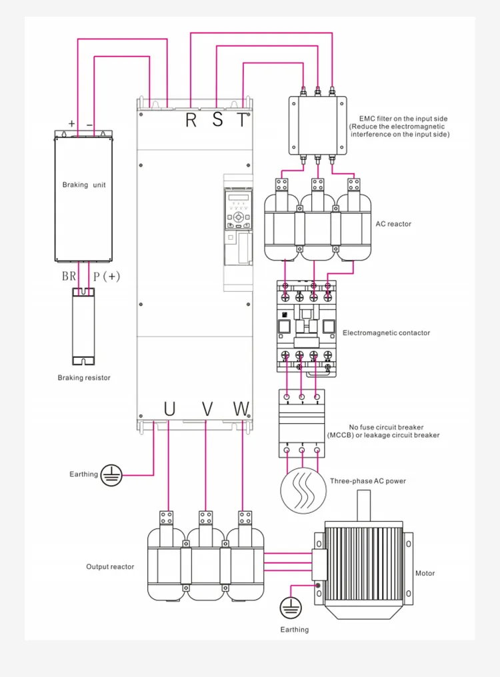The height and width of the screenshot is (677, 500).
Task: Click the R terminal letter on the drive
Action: tap(191, 120)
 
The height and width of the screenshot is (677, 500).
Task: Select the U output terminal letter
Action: tap(169, 408)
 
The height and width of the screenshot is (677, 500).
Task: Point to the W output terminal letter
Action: tap(241, 408)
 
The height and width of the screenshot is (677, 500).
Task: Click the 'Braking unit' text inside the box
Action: tap(84, 185)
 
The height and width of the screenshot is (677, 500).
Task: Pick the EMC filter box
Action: tap(317, 125)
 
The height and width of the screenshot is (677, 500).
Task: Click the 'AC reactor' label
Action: tap(393, 224)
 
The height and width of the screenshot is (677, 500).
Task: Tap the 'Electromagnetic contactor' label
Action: tap(386, 333)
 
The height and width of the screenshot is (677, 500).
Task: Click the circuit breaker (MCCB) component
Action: tap(301, 423)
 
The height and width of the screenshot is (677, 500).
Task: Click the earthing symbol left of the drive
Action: tap(112, 474)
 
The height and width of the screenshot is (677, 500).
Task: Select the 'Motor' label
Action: tap(425, 573)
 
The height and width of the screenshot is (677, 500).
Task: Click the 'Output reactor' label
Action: tap(110, 566)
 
